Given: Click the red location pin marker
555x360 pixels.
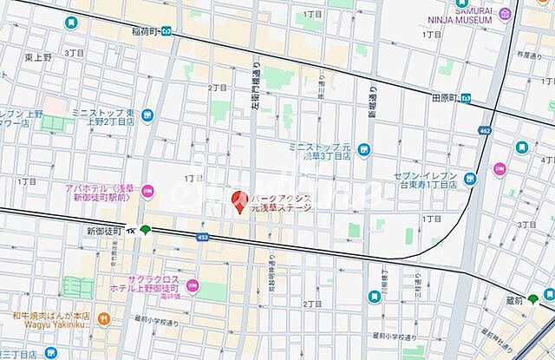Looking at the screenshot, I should (238, 200).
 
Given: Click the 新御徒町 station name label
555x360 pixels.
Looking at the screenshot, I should (103, 231).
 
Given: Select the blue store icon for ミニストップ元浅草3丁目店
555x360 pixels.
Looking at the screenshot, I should (362, 149).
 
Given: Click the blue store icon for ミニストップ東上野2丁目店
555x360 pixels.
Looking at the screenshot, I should (147, 115).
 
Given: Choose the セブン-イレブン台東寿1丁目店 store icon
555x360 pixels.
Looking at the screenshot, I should (470, 180).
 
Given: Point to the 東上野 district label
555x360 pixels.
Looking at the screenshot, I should (38, 56).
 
